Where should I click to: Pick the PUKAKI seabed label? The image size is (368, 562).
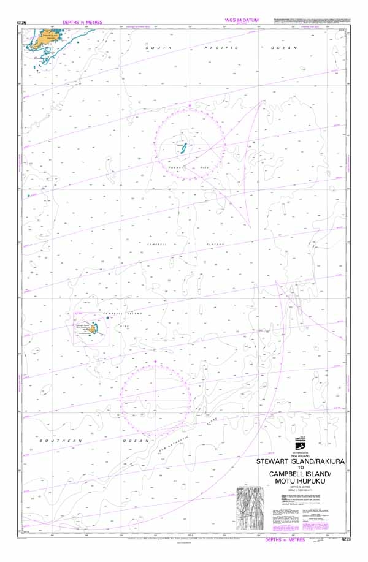176,166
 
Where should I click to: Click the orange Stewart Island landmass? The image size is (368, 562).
45,39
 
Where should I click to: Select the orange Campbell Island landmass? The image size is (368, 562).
93,329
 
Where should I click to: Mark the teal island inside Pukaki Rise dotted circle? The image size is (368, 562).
184,148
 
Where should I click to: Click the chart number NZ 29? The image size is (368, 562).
347,539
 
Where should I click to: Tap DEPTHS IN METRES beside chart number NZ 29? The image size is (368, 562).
285,540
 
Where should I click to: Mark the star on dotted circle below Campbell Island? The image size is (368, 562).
156,362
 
